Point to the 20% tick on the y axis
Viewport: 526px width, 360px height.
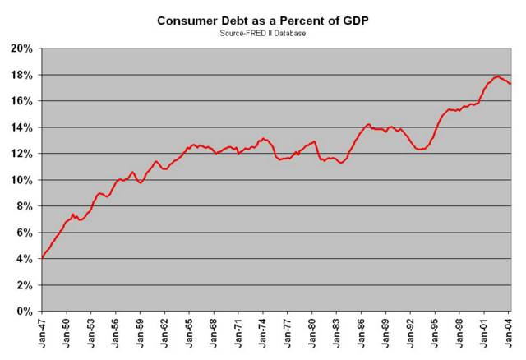(22, 48)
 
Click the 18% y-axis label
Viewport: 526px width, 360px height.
(22, 75)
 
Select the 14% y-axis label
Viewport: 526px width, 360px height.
(22, 127)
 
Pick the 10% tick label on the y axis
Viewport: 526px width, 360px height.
(22, 180)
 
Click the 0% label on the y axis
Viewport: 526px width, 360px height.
(25, 312)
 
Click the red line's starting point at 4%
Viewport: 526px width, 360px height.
(42, 258)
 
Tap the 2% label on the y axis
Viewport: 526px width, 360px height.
(25, 285)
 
